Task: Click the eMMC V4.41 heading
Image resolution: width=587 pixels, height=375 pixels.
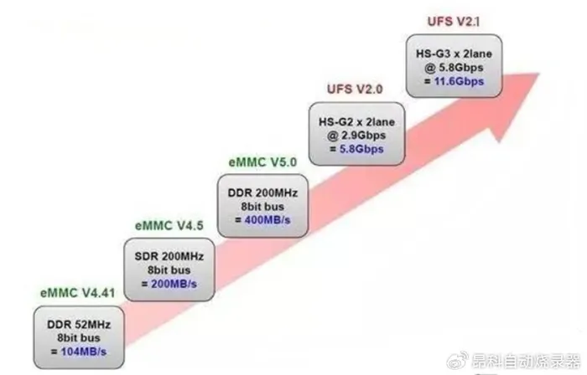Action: [x=77, y=293]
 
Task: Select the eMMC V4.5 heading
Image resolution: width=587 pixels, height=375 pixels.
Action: [x=169, y=226]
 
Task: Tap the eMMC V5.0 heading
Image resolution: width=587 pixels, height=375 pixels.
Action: [x=262, y=162]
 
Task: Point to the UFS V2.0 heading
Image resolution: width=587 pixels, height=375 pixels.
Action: [x=355, y=90]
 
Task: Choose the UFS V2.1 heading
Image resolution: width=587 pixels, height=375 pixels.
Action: [x=454, y=21]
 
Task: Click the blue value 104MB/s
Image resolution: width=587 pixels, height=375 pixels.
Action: [x=84, y=352]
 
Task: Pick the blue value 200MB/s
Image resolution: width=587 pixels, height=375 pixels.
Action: [x=174, y=284]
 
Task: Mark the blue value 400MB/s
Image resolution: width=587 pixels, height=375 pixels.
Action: [x=268, y=220]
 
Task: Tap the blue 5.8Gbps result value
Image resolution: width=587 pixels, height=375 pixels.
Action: [x=361, y=149]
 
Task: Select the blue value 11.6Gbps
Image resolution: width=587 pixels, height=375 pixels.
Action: [x=459, y=81]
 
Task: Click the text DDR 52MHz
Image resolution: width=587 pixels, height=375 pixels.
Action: [x=79, y=324]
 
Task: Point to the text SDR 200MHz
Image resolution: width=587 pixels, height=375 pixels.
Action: [x=169, y=256]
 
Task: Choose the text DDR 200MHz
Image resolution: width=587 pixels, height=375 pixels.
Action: [x=262, y=193]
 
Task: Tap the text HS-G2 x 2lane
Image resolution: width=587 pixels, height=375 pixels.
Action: [x=356, y=121]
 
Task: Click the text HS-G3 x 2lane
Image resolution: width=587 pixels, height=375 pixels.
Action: [x=455, y=54]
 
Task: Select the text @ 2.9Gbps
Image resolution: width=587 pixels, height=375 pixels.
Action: [x=356, y=136]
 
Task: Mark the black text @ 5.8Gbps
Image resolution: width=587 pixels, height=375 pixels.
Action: [x=454, y=68]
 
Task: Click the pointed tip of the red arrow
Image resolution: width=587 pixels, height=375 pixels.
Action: [x=539, y=74]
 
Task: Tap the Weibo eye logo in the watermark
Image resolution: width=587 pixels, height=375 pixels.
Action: [x=458, y=360]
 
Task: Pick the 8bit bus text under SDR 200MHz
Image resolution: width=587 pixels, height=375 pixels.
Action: [x=169, y=270]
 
